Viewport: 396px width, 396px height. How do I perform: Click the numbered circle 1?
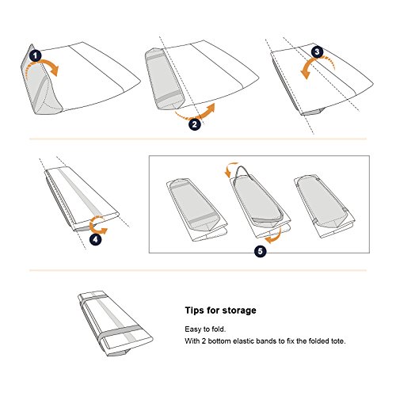pyautogui.click(x=36, y=56)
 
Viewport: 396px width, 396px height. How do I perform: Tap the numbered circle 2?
pyautogui.click(x=195, y=124)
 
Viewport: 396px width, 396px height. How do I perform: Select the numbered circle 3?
pyautogui.click(x=317, y=51)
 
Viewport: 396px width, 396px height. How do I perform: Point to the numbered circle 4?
pyautogui.click(x=95, y=239)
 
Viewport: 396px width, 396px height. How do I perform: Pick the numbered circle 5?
pyautogui.click(x=261, y=251)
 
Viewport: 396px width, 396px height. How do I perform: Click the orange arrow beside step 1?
pyautogui.click(x=46, y=63)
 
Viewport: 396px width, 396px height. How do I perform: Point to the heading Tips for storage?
pyautogui.click(x=220, y=310)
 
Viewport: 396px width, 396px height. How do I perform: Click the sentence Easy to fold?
pyautogui.click(x=205, y=329)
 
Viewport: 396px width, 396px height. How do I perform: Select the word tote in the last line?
pyautogui.click(x=337, y=341)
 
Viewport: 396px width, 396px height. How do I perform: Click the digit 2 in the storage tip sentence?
pyautogui.click(x=204, y=341)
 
